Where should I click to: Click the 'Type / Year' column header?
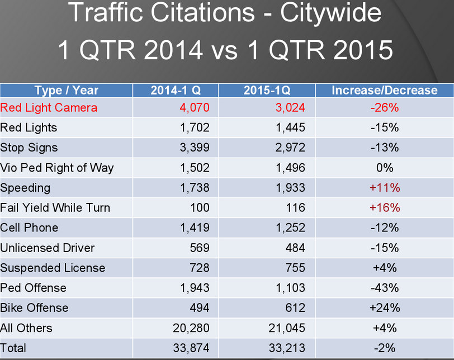click(x=66, y=90)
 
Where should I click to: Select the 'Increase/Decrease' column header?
click(x=385, y=90)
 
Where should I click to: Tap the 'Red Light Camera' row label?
click(x=49, y=107)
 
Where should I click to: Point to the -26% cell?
click(x=385, y=107)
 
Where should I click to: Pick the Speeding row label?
click(x=25, y=188)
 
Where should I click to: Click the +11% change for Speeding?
click(x=385, y=188)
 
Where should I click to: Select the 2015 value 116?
click(x=295, y=208)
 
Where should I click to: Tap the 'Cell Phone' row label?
click(x=29, y=228)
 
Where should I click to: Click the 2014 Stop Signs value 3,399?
click(x=195, y=148)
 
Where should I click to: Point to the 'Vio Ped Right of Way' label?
click(x=57, y=168)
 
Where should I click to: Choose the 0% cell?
click(x=385, y=168)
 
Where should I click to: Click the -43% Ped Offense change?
click(x=385, y=288)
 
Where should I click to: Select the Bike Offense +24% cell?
click(x=385, y=308)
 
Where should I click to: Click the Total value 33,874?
click(x=191, y=348)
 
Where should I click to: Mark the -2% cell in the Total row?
click(x=385, y=348)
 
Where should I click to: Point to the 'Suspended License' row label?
click(x=53, y=268)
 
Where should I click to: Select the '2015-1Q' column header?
click(x=267, y=90)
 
